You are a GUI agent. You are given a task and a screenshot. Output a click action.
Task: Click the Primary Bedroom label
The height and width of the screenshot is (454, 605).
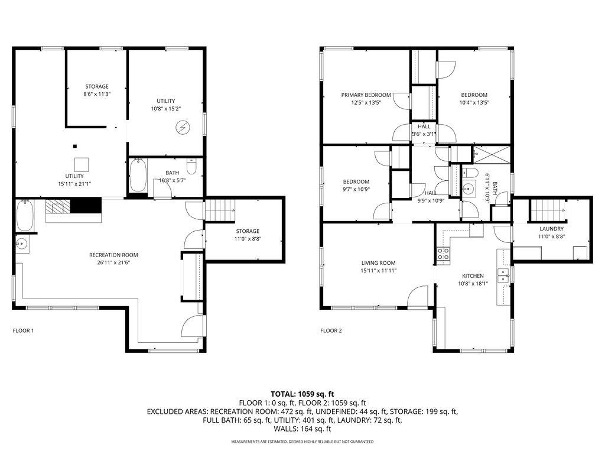tap(366, 95)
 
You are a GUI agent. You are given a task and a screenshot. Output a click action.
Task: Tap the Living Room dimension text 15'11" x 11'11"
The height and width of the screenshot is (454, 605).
tap(379, 270)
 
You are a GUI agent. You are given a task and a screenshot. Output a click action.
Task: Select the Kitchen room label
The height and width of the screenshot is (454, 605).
tap(473, 275)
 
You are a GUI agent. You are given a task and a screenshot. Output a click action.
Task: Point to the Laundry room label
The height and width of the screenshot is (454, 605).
tap(551, 228)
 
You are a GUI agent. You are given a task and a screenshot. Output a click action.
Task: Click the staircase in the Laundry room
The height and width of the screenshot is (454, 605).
tap(548, 209)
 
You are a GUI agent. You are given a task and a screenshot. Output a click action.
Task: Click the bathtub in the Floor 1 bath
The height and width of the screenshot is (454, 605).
tap(138, 176)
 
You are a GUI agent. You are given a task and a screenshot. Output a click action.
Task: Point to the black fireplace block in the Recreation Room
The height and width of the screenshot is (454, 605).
tap(86, 206)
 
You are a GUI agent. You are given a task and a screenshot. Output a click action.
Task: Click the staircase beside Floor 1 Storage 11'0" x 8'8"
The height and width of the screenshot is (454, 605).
tap(219, 209)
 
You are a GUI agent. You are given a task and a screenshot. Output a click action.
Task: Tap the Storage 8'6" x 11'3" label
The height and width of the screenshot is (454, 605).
tap(97, 86)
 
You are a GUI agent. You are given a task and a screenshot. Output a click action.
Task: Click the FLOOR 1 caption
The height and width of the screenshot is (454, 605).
tap(23, 330)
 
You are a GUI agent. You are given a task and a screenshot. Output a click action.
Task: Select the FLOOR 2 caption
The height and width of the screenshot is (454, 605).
tap(331, 330)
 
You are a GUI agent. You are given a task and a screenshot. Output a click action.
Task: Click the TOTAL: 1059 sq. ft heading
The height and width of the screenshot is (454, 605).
tap(302, 394)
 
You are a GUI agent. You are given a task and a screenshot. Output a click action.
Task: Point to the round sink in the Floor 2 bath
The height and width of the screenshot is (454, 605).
tap(469, 190)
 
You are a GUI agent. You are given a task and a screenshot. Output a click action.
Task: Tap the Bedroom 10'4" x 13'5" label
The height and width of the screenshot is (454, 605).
tap(474, 95)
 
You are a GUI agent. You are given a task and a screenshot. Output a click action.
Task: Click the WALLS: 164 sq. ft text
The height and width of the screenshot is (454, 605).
tap(302, 429)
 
